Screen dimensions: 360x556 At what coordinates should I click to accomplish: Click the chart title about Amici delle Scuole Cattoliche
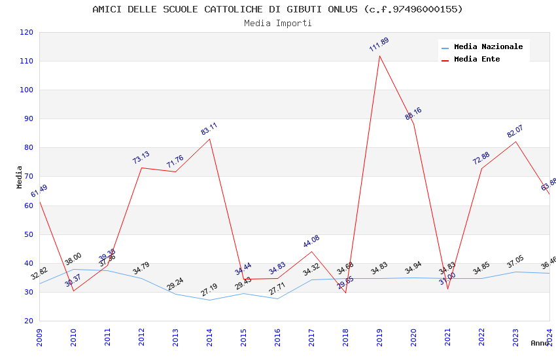click(x=277, y=9)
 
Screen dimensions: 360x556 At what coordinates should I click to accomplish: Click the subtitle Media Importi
click(x=277, y=23)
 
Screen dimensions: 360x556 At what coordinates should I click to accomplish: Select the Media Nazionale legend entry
click(x=488, y=46)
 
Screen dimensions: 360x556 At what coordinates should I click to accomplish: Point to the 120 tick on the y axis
click(x=27, y=32)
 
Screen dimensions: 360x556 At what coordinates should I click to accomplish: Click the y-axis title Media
click(x=20, y=177)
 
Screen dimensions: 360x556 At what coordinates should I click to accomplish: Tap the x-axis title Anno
click(x=540, y=343)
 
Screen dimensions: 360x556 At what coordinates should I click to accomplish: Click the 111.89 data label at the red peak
click(x=379, y=45)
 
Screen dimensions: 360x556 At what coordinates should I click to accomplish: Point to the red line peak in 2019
click(x=379, y=56)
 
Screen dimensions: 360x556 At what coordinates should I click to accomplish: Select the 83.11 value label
click(x=209, y=129)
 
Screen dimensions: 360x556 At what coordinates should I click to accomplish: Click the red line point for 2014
click(x=209, y=139)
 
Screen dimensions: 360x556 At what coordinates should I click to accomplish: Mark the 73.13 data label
click(x=141, y=157)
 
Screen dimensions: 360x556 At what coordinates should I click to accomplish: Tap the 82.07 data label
click(x=515, y=131)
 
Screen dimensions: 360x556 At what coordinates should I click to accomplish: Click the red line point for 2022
click(x=481, y=168)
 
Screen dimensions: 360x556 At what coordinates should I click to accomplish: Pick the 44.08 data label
click(x=311, y=241)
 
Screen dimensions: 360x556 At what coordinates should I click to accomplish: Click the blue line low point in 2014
click(x=209, y=300)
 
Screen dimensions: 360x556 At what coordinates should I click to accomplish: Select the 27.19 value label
click(x=209, y=289)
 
